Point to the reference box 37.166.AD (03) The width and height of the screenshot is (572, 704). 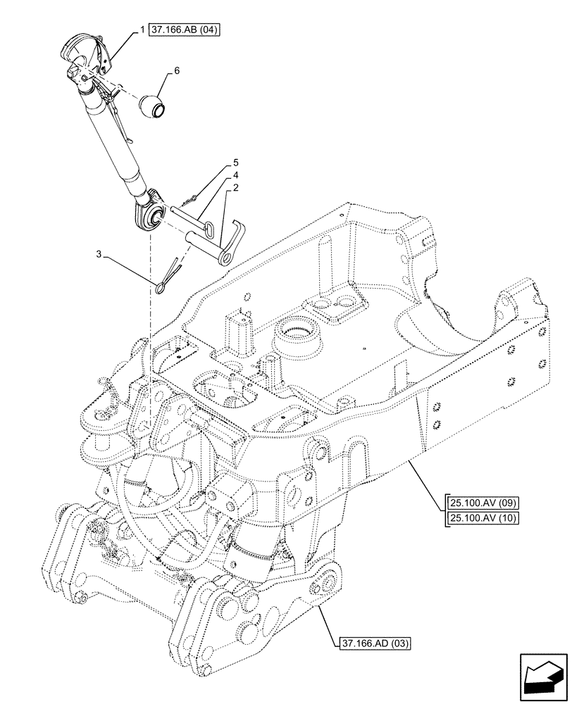pyautogui.click(x=376, y=643)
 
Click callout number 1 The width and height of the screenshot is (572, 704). pyautogui.click(x=142, y=30)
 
